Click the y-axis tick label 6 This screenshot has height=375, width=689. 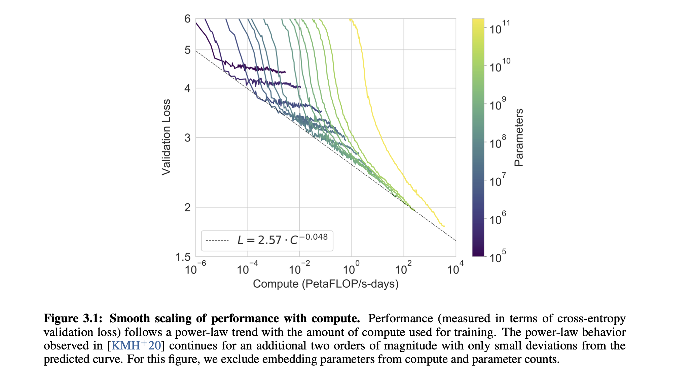point(187,19)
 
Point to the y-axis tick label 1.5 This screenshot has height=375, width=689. point(183,257)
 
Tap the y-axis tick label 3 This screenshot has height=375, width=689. point(187,138)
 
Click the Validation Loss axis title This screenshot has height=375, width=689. point(166,137)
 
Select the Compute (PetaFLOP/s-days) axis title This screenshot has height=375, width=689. point(326,284)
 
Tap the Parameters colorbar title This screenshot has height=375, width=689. point(519,137)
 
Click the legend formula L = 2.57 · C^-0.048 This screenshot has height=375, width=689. point(282,240)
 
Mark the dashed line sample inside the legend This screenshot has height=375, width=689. point(217,240)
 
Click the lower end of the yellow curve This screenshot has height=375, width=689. point(444,226)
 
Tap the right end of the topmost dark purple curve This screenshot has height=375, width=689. point(285,72)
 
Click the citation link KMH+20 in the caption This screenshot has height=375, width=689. point(136,345)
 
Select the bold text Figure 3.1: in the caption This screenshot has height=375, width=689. point(73,318)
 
